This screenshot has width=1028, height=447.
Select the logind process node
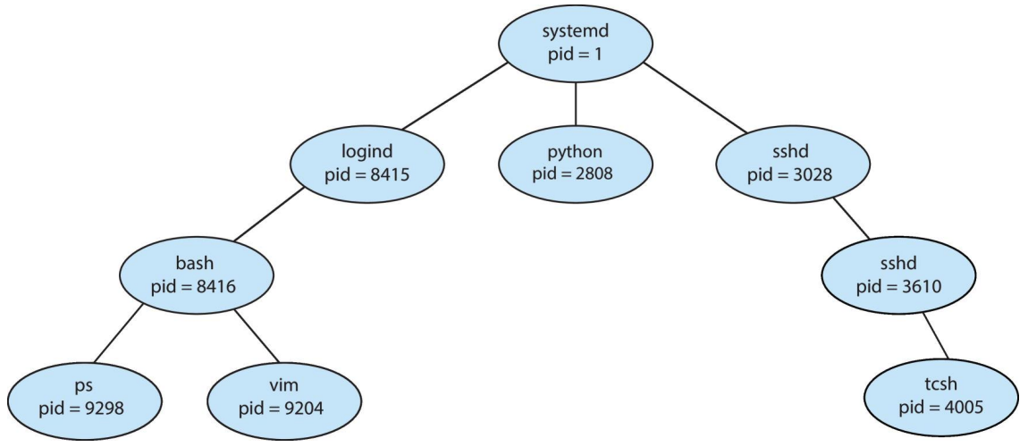click(x=367, y=164)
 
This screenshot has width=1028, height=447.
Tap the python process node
click(x=575, y=164)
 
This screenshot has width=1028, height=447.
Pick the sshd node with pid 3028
click(x=793, y=164)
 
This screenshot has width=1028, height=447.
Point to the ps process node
click(x=85, y=398)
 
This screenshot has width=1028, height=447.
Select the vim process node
click(x=284, y=398)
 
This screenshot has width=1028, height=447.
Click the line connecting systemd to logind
click(x=455, y=97)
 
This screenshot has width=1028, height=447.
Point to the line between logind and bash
click(x=268, y=215)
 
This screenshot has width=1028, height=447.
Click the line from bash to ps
click(x=118, y=333)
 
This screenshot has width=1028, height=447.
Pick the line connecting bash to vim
click(x=257, y=334)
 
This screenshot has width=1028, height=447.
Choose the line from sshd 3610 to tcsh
click(x=935, y=335)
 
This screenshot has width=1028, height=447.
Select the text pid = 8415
click(x=367, y=174)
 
